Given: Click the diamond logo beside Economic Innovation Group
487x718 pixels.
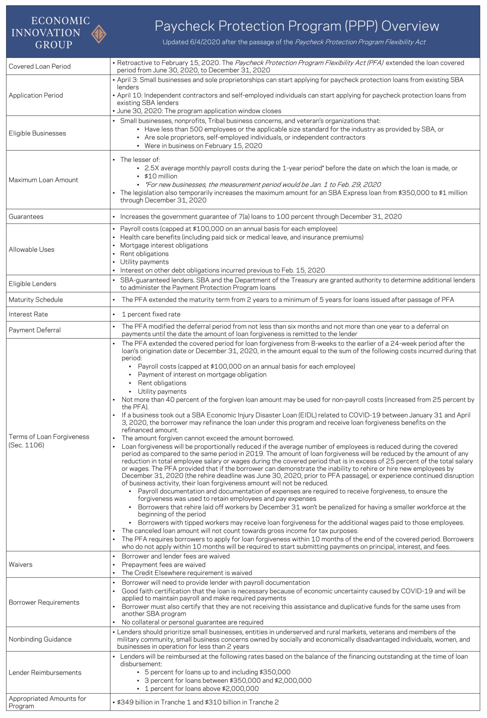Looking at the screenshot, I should click(x=99, y=34).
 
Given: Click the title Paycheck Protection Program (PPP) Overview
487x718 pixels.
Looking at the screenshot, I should click(x=297, y=26).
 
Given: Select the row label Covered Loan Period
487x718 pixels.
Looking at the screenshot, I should click(x=40, y=66).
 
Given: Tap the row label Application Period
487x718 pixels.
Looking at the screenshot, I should click(x=36, y=95).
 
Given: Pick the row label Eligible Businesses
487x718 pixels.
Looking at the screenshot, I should click(x=37, y=133).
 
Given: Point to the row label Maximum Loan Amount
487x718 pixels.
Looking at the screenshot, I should click(x=44, y=180).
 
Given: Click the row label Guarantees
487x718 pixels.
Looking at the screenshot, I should click(x=26, y=217).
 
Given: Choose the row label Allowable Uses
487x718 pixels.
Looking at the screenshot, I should click(x=32, y=250).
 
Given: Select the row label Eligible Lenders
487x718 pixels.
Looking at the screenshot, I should click(x=32, y=284).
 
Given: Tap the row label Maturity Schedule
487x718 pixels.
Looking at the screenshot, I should click(x=36, y=300).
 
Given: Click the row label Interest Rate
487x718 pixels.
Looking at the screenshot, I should click(x=28, y=314).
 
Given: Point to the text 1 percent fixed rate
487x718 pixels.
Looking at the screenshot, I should click(x=151, y=314).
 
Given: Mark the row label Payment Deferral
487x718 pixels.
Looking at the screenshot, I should click(x=35, y=330).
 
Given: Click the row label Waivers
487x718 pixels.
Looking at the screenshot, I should click(x=20, y=564).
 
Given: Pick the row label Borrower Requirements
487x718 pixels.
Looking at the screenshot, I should click(x=44, y=602).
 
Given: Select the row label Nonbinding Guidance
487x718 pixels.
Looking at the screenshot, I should click(x=40, y=639).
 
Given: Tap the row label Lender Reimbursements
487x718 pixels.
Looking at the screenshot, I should click(x=45, y=672).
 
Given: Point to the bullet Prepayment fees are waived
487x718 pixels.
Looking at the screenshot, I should click(x=164, y=565).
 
